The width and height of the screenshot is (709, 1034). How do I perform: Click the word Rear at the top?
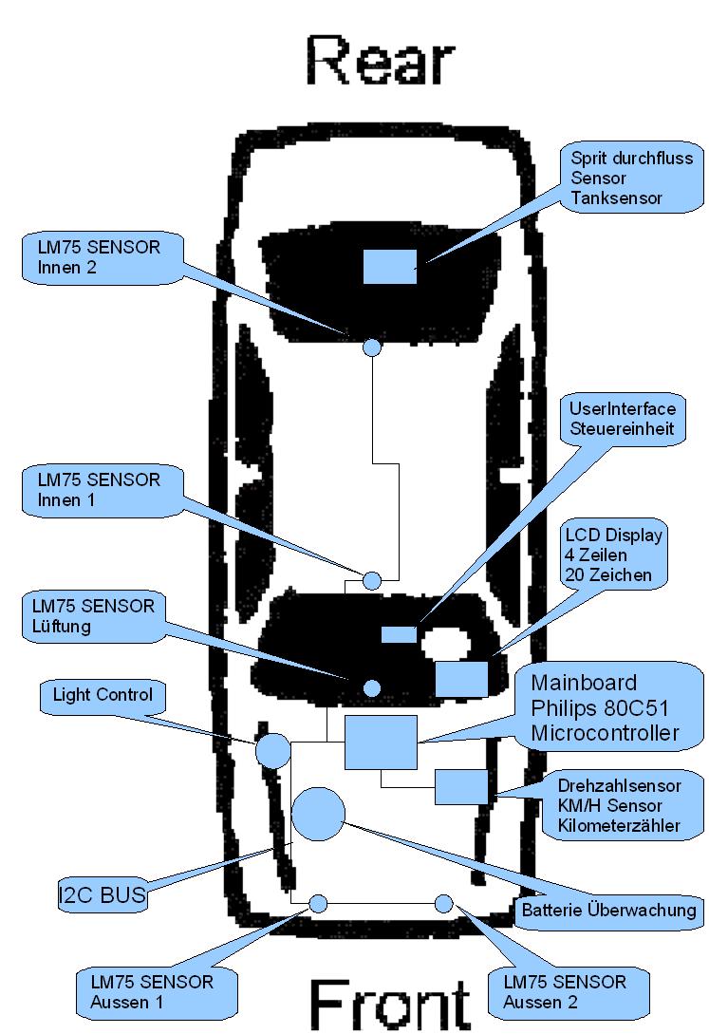point(379,63)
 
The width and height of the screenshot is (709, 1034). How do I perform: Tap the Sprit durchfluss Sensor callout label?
point(630,177)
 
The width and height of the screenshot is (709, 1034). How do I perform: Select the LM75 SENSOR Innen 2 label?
point(100,257)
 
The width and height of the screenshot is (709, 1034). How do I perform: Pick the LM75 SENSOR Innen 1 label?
point(100,490)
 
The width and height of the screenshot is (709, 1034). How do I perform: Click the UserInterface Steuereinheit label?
point(622,419)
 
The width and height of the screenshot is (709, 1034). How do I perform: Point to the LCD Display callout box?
point(613,555)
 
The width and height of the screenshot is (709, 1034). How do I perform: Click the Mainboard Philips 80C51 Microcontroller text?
point(605,707)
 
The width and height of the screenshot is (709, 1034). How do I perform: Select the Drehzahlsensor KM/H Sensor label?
point(618,806)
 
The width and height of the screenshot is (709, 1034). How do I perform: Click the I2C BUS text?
point(103,893)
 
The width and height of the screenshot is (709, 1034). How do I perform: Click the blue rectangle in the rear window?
point(390,266)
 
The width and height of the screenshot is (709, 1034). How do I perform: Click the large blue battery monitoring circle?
point(318,813)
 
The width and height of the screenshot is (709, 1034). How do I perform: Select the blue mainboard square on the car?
point(381,742)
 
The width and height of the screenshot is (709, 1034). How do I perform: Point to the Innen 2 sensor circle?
point(373,347)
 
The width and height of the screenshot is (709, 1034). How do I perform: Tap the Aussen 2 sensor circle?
point(443,903)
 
